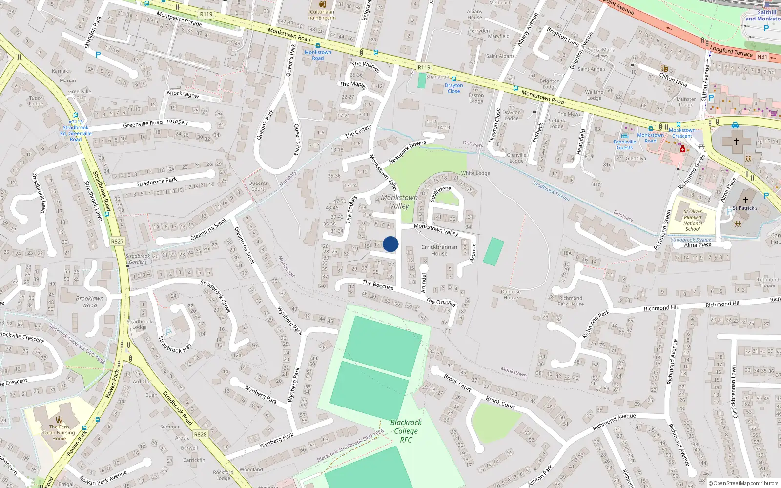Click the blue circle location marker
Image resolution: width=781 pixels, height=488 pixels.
390,244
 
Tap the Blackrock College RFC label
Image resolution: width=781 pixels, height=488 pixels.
406,431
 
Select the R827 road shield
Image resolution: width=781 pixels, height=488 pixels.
117,241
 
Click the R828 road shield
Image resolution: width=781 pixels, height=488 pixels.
200,434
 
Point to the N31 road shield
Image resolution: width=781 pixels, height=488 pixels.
762,57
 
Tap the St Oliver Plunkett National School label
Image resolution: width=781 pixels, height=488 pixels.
693,220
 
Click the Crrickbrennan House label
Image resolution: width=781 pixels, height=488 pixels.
439,250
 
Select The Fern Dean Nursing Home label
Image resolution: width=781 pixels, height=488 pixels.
59,432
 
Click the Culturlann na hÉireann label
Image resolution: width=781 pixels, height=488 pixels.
322,15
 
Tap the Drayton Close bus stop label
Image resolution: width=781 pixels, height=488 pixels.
453,88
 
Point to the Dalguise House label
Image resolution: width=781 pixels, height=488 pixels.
511,294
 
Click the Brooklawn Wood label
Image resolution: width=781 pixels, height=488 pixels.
89,302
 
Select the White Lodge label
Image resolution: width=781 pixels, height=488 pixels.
475,173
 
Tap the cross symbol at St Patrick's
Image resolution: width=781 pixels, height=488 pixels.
745,200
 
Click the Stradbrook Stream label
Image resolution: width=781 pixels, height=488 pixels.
551,191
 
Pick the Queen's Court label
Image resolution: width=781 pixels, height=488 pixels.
258,186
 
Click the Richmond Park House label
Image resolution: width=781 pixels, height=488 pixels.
571,301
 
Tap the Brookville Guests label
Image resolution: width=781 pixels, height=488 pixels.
625,144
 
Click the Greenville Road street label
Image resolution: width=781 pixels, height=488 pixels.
143,124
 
